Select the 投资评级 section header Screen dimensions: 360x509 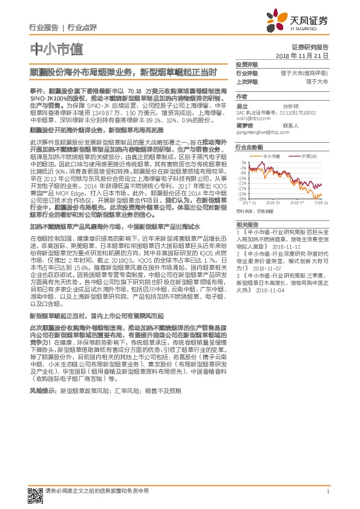coord(247,64)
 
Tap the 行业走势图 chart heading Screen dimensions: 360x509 coord(249,147)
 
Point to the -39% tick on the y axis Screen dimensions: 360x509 coord(242,198)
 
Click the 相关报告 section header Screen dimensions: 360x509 coord(247,223)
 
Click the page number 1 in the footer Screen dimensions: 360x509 coord(327,491)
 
